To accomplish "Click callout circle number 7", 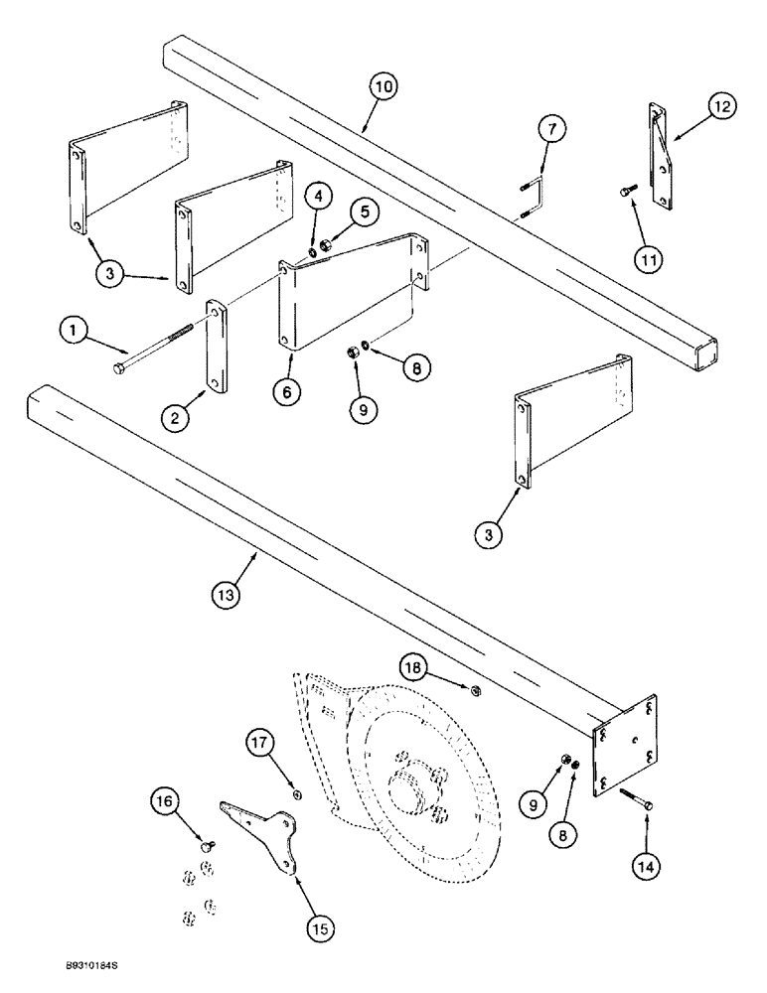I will click(x=553, y=129).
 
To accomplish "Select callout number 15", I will click(x=321, y=929).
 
